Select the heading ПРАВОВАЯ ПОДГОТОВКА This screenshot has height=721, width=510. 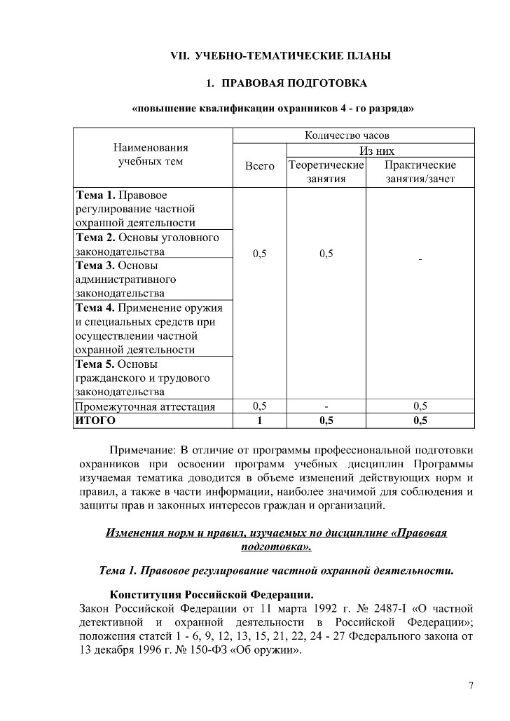tap(294, 84)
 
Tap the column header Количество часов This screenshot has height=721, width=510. tap(346, 135)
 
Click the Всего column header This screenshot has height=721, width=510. tap(259, 166)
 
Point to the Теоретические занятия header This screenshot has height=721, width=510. tap(326, 172)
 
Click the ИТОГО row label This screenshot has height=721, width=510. tap(95, 421)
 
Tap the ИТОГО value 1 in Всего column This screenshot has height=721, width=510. tap(259, 421)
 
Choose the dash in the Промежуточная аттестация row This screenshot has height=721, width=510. tap(326, 406)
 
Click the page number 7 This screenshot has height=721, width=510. tap(471, 685)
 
